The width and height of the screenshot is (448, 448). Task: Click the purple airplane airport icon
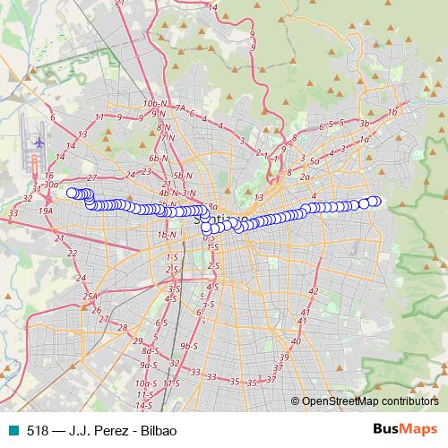(x=39, y=142)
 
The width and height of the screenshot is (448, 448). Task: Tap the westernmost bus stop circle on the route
(x=72, y=192)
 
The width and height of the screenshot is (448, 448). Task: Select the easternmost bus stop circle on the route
(x=376, y=201)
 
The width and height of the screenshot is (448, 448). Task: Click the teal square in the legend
(x=14, y=430)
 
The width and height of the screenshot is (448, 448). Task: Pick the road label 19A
(x=46, y=210)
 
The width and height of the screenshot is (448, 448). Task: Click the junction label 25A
(x=90, y=297)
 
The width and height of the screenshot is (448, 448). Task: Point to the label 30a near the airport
(x=51, y=185)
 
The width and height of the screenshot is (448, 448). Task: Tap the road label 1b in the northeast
(x=392, y=112)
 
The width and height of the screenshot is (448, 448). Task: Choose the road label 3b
(x=364, y=123)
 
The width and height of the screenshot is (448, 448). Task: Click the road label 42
(x=313, y=292)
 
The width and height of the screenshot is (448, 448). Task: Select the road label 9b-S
(x=188, y=346)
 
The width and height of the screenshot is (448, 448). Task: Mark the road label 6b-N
(x=159, y=157)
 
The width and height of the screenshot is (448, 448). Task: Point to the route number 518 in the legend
(x=39, y=430)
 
